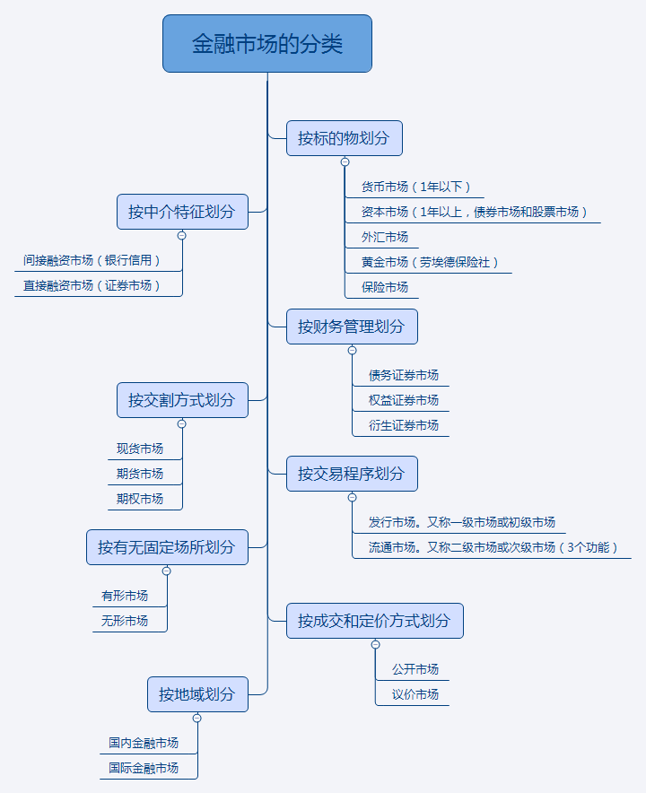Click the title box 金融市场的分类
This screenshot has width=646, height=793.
point(267,43)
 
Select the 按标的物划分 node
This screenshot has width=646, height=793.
point(344,138)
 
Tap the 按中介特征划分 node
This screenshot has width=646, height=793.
point(182,212)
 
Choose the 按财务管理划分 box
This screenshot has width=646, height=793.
point(352,327)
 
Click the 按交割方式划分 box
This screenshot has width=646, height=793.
point(182,400)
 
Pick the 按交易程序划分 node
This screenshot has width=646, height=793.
point(352,473)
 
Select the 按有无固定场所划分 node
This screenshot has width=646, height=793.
point(167,547)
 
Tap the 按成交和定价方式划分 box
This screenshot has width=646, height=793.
point(374,621)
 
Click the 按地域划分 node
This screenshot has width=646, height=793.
point(197,694)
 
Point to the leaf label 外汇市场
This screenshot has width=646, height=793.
point(385,238)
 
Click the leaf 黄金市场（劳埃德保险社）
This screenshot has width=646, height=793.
point(430,263)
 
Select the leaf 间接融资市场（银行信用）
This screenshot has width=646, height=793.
point(92,261)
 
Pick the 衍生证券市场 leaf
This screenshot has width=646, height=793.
point(404,425)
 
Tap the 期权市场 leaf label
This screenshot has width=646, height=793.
point(140,499)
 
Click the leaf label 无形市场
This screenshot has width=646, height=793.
point(125,621)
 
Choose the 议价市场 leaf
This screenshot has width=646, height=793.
point(415,694)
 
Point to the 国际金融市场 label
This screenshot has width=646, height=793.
point(144,768)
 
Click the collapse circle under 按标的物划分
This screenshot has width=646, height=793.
point(345,161)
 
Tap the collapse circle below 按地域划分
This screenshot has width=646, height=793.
point(197,718)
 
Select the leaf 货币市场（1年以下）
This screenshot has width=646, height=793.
point(416,187)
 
